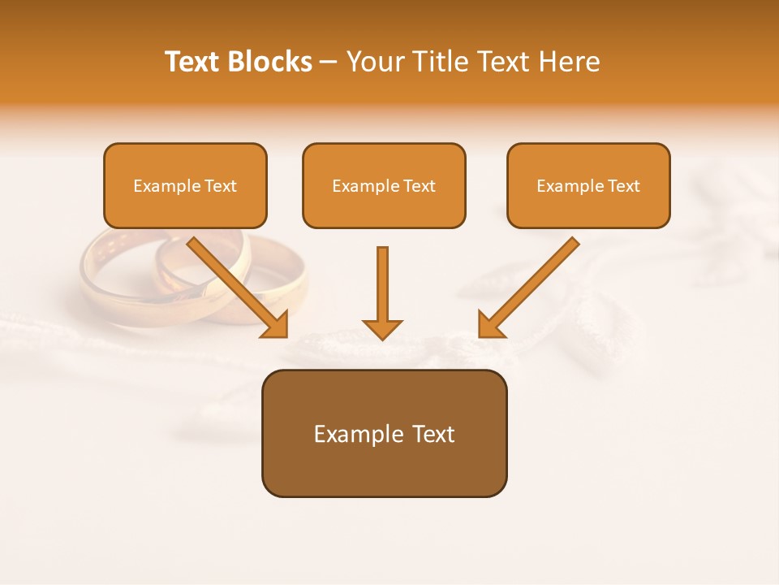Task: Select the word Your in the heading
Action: tap(373, 62)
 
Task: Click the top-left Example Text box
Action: tap(185, 185)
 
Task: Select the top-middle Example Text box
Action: tap(384, 185)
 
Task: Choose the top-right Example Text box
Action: tap(588, 185)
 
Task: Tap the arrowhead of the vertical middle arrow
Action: tap(382, 328)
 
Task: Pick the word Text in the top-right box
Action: tap(623, 186)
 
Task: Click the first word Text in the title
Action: tap(192, 62)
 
